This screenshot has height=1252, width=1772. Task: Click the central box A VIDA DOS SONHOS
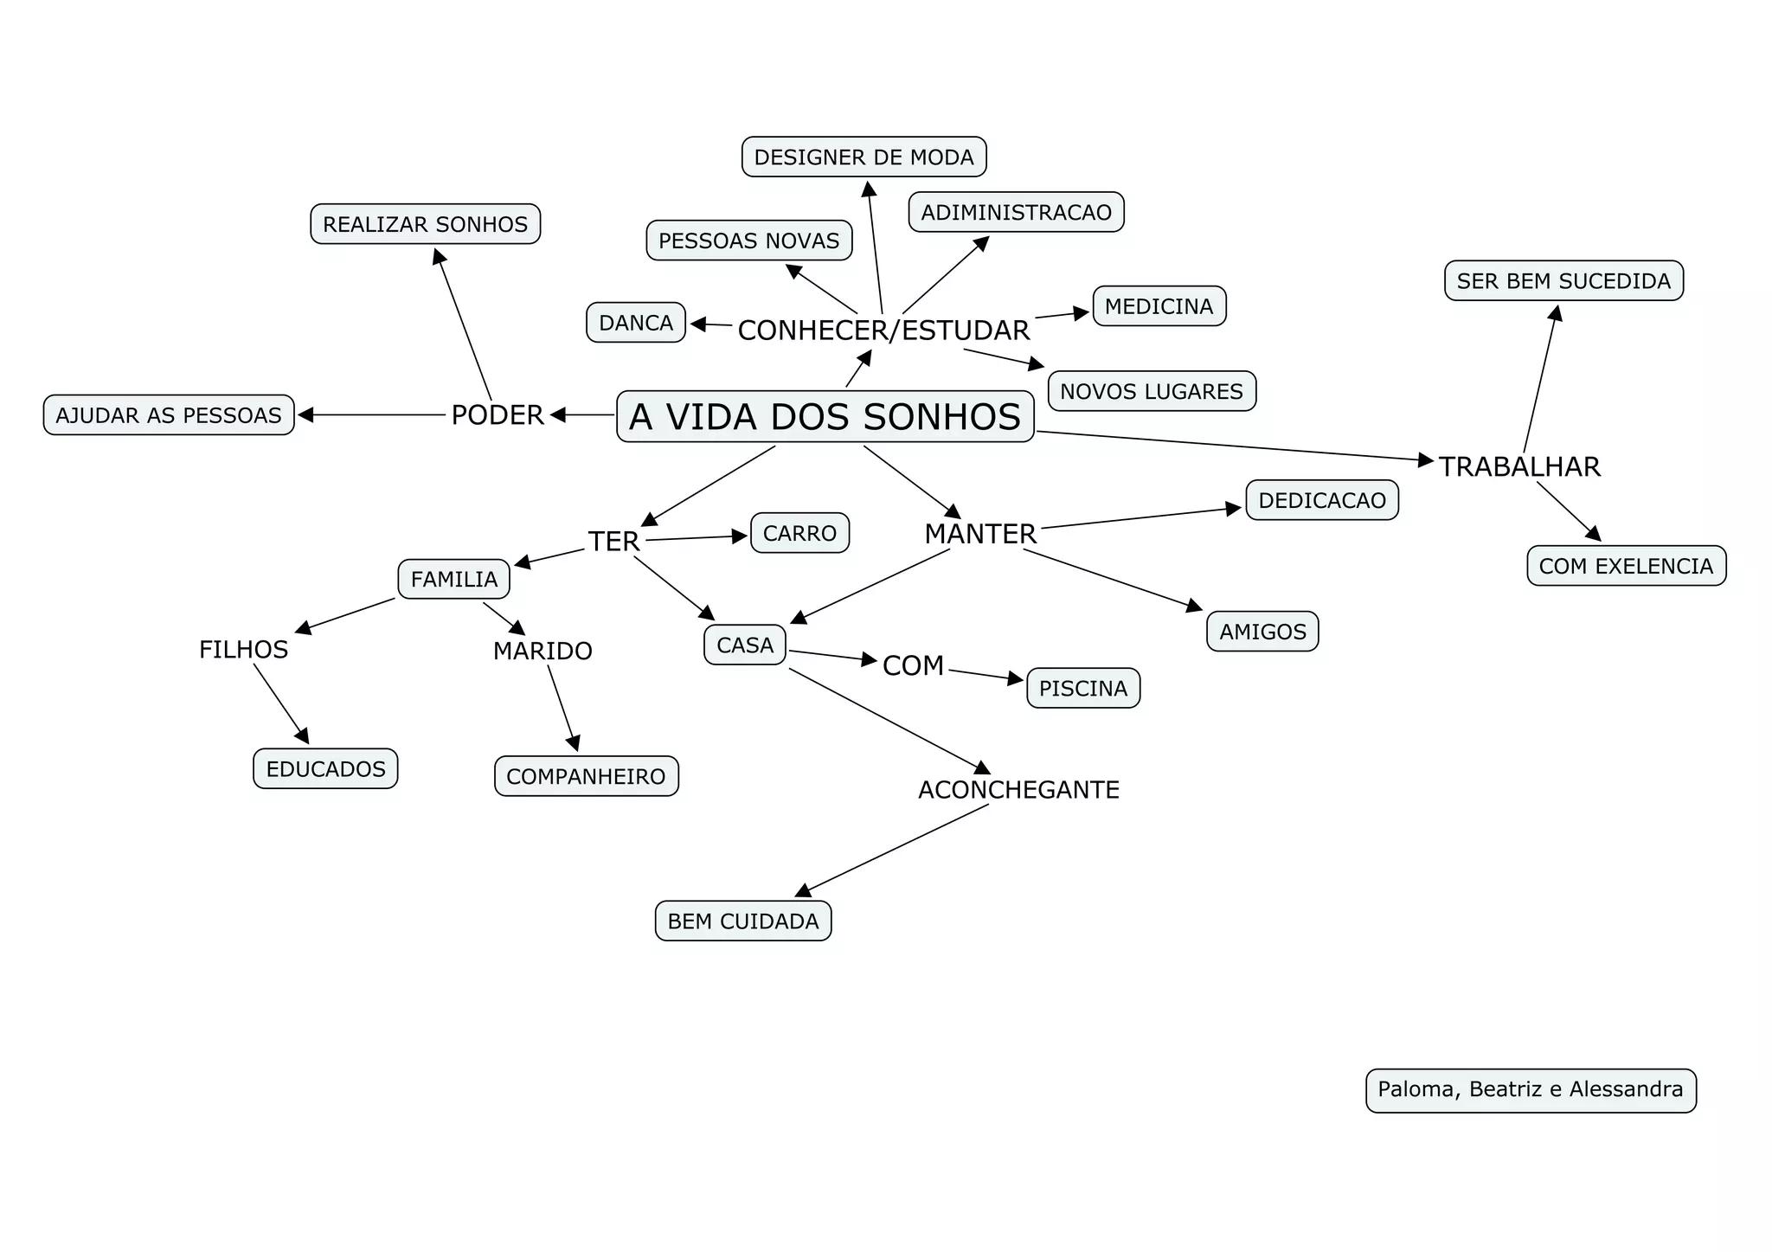point(825,417)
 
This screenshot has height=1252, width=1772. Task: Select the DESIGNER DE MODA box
point(864,157)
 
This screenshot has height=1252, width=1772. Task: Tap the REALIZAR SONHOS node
point(425,225)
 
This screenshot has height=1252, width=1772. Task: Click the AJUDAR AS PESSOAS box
point(169,415)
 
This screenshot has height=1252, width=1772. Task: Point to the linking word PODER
point(498,415)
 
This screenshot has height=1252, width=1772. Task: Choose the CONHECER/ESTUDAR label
point(883,331)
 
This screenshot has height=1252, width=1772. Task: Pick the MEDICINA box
point(1159,306)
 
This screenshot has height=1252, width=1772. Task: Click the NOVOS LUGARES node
point(1151,391)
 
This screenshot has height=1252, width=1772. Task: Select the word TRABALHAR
point(1519,467)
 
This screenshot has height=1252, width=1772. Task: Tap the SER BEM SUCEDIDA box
point(1563,281)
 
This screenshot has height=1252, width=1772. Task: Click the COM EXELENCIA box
point(1626,566)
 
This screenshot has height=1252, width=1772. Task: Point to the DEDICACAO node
point(1321,500)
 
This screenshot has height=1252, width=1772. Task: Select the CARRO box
point(799,533)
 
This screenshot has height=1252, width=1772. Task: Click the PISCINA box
point(1082,689)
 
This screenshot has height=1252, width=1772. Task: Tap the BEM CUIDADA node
point(742,921)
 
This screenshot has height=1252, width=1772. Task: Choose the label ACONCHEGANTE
point(1018,790)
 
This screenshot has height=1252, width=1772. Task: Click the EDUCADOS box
point(325,769)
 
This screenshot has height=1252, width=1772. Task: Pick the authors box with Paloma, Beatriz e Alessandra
point(1530,1089)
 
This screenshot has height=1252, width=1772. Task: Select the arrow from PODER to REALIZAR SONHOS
point(463,324)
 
